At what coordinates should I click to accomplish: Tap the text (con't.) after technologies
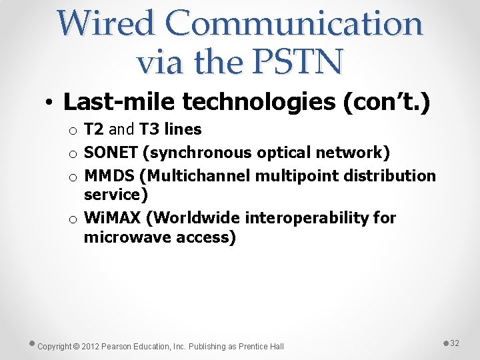tap(386, 102)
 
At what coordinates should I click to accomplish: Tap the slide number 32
tap(455, 343)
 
